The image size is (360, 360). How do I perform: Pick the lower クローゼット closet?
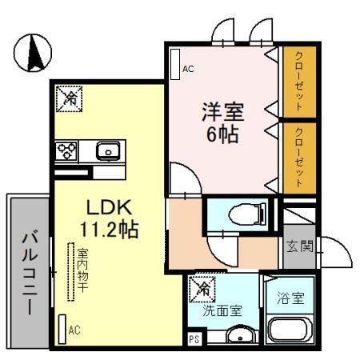299,157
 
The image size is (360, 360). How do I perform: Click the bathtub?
291,331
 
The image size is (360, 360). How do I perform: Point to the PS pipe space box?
194,338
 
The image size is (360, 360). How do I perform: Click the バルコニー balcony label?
30,272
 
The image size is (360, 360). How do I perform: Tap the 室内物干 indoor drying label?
82,270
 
